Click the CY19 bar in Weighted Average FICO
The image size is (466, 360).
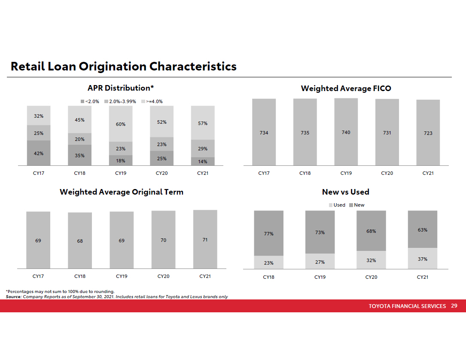[346, 132]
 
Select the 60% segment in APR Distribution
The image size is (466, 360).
[121, 124]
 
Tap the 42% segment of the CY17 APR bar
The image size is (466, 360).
[39, 153]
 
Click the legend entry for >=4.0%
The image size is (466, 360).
[152, 102]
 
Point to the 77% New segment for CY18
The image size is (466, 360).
[269, 233]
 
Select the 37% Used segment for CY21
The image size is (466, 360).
[423, 259]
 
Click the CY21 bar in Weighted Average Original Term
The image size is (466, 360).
[205, 239]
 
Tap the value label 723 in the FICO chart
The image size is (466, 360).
[428, 133]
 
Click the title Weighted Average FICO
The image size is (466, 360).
[346, 88]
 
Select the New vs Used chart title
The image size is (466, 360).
[346, 192]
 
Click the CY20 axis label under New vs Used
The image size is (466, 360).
[371, 277]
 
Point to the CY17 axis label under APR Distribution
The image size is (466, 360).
[39, 174]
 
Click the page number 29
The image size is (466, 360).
[454, 306]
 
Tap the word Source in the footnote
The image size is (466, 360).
[13, 297]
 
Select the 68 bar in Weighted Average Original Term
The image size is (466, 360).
[80, 241]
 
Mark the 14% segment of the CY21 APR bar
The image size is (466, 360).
[203, 162]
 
